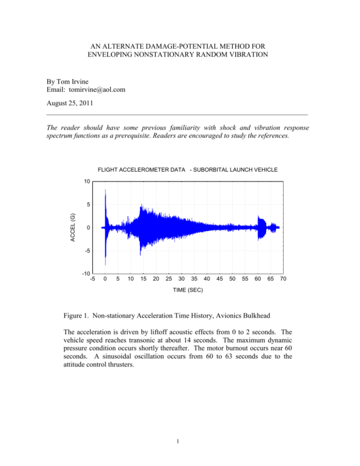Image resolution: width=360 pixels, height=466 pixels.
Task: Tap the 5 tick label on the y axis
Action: tap(87, 204)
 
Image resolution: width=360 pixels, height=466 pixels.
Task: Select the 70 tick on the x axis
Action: tap(282, 279)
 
